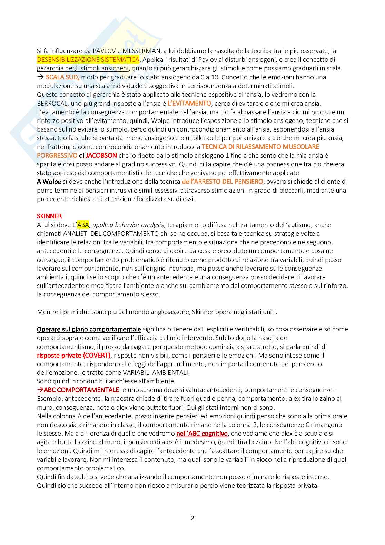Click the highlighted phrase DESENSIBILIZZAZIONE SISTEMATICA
(88, 60)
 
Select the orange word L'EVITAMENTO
(189, 103)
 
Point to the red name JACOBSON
(101, 156)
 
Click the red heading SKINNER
(49, 216)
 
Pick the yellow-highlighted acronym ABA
(83, 225)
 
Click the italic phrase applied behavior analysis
(128, 225)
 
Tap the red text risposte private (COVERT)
(73, 356)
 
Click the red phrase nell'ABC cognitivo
(202, 434)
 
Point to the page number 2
(192, 518)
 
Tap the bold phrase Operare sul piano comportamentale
(89, 329)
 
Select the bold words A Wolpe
(49, 182)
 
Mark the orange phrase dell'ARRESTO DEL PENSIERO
(222, 182)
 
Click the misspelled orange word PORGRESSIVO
(57, 156)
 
